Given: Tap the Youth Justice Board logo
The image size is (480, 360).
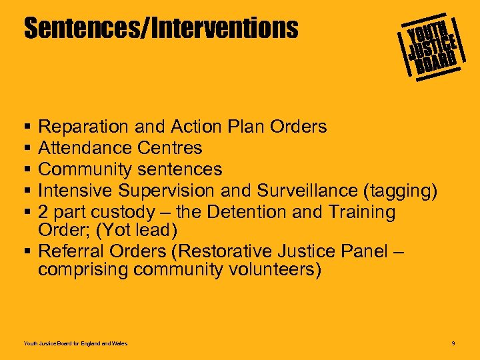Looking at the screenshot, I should tap(430, 45).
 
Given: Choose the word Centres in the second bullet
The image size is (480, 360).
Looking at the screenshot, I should tap(169, 147).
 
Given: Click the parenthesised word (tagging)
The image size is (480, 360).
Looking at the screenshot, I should tap(400, 191).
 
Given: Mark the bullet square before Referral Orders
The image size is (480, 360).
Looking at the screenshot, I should tap(27, 251).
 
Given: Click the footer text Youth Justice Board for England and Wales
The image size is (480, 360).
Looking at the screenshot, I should tap(75, 343).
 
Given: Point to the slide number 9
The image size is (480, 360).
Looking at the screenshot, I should tap(453, 343).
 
